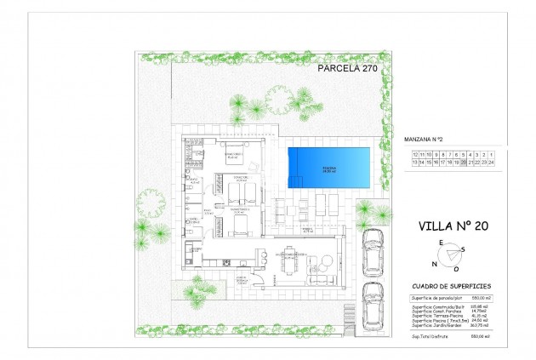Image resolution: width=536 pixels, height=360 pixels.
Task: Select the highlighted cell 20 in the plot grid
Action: [463, 160]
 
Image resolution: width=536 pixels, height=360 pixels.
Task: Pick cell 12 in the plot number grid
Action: [391, 152]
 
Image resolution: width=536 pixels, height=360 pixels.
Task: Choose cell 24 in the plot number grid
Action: [493, 160]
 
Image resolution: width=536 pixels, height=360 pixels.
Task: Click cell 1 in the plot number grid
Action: [493, 152]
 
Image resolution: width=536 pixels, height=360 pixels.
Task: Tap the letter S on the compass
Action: [464, 249]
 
